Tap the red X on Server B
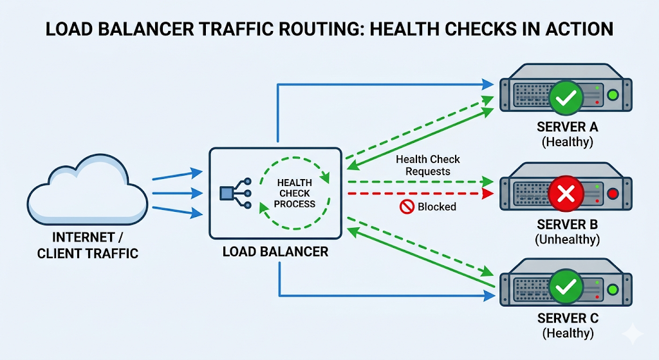(x=566, y=193)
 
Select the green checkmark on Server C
(x=566, y=289)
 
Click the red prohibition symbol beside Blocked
(x=405, y=207)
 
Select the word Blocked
(x=436, y=207)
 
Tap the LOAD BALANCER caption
(x=275, y=251)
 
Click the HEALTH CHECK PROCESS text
(x=295, y=193)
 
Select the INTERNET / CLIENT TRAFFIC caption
(x=88, y=245)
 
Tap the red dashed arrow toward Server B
(x=418, y=193)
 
